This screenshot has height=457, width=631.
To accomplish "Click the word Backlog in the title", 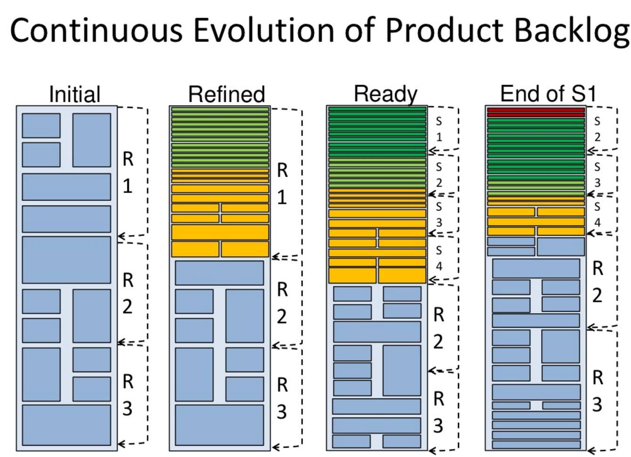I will coord(571,31).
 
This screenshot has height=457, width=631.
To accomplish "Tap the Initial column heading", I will coord(74,94).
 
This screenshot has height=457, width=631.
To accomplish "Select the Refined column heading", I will coord(226,94).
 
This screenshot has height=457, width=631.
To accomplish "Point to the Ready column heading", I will coord(385,94).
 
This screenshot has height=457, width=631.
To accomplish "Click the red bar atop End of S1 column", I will coord(536,112).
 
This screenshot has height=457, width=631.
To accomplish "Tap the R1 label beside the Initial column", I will coord(128,172).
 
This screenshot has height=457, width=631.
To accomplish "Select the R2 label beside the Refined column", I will coord(282,303).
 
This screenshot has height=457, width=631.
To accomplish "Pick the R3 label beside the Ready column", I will coord(438,412).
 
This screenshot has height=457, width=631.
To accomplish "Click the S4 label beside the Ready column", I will coord(439,258).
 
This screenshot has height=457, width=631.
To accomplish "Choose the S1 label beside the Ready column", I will coord(439,129).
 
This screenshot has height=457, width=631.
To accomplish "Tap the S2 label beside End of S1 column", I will coord(597,129).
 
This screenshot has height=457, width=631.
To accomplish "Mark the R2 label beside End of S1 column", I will coord(597,282).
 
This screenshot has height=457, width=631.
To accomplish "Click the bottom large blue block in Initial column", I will coord(66,424).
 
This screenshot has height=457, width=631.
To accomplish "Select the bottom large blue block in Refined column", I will coord(220,424).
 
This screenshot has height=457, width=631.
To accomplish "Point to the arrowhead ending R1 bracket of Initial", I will coord(121,236).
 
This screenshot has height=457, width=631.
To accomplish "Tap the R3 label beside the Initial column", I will coord(128,395).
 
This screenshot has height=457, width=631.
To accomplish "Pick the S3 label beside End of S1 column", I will coord(597,175).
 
